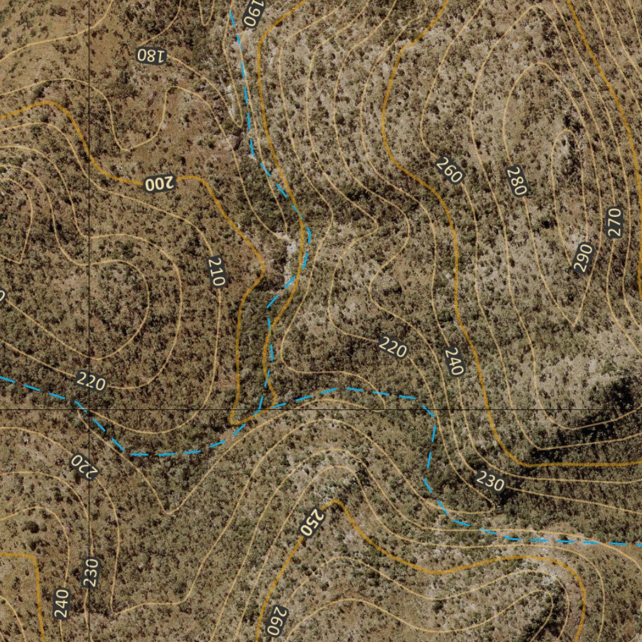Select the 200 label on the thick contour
pyautogui.click(x=159, y=184)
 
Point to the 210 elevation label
pyautogui.click(x=216, y=271)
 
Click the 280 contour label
pyautogui.click(x=518, y=182)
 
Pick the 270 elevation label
pyautogui.click(x=614, y=222)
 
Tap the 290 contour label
pyautogui.click(x=584, y=258)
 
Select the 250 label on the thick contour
pyautogui.click(x=312, y=522)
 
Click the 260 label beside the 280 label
pyautogui.click(x=449, y=171)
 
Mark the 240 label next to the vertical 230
pyautogui.click(x=61, y=603)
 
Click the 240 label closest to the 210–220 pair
pyautogui.click(x=454, y=361)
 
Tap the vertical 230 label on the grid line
pyautogui.click(x=92, y=572)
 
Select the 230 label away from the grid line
pyautogui.click(x=490, y=481)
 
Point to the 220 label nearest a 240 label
pyautogui.click(x=393, y=347)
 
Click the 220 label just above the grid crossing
pyautogui.click(x=91, y=381)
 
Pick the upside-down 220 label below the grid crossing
pyautogui.click(x=83, y=466)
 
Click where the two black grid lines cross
pyautogui.click(x=89, y=409)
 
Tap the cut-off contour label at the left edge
pyautogui.click(x=2, y=295)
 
